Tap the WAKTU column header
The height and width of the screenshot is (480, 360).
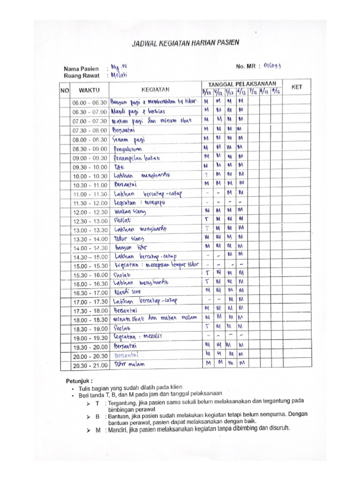pos(89,89)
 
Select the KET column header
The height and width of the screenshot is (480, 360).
pos(297,87)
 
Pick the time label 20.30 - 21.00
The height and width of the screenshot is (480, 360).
pos(89,365)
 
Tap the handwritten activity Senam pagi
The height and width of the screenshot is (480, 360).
pos(129,139)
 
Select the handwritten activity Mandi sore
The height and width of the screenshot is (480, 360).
pos(128,291)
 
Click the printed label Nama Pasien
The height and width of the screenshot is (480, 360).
pos(82,68)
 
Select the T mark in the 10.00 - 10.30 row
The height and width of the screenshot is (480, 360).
pos(206,175)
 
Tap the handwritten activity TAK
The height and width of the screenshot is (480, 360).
pos(118,167)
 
